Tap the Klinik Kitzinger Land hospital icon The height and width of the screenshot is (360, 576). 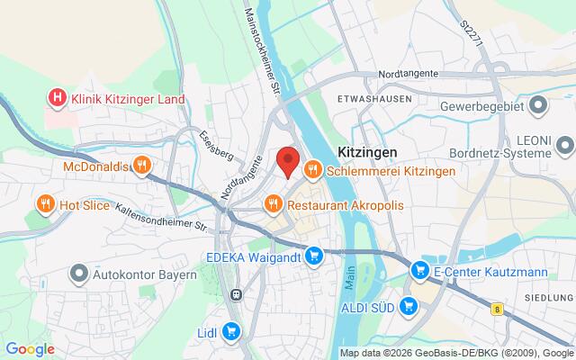(58, 97)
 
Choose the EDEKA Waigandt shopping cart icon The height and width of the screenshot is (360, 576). (313, 256)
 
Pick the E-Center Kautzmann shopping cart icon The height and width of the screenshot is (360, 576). (419, 268)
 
